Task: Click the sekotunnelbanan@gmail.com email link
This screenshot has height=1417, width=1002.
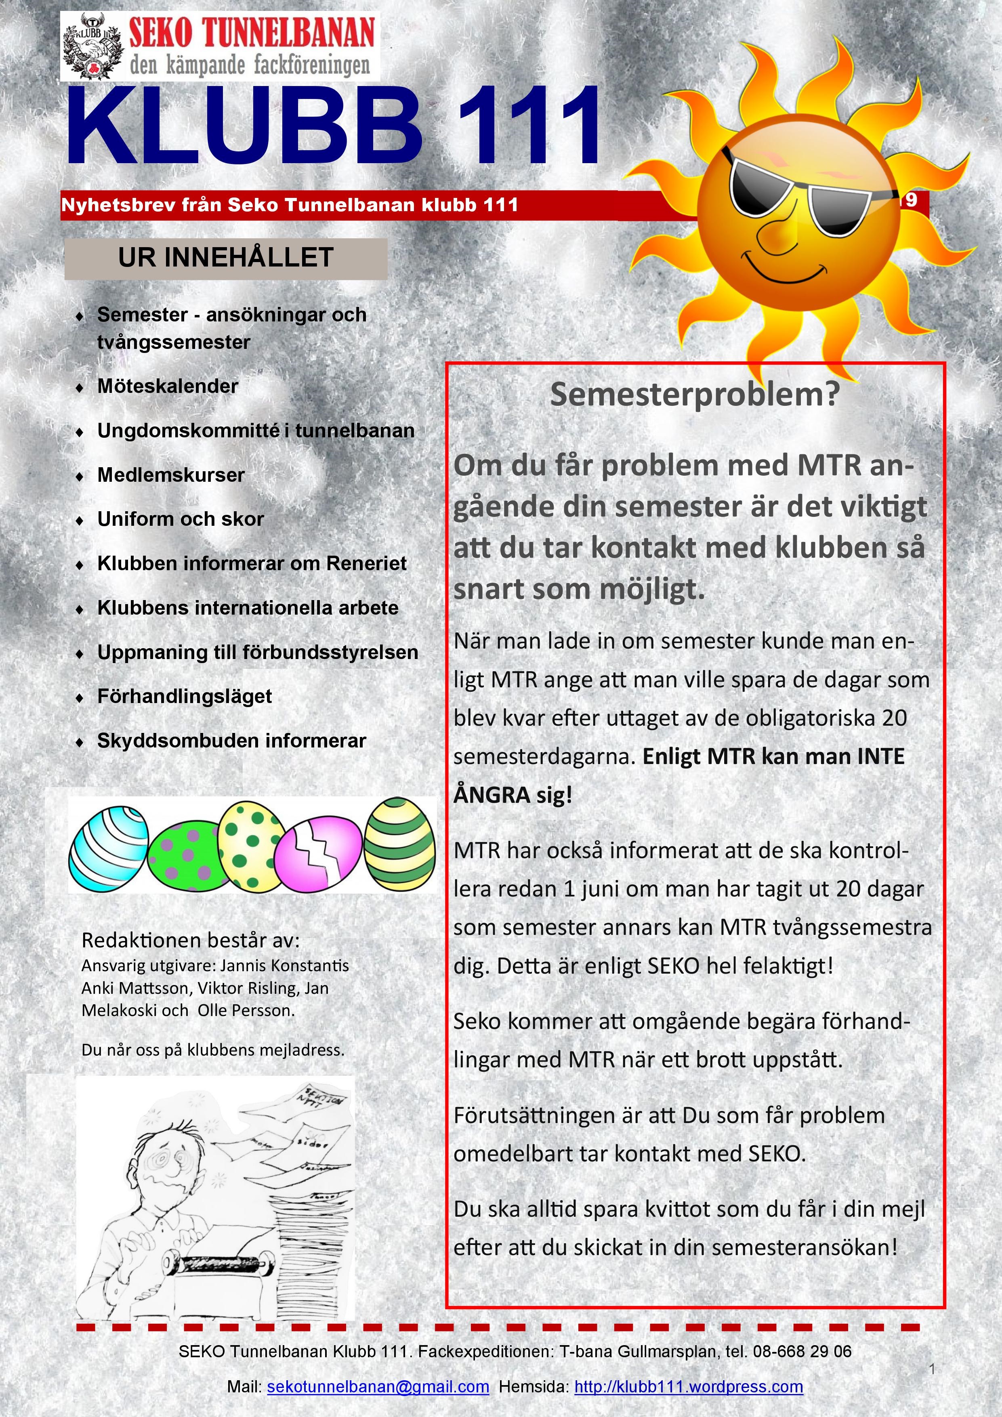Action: (378, 1387)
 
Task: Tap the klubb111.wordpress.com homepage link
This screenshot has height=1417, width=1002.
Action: (688, 1387)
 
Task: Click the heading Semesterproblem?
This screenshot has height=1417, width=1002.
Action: (695, 395)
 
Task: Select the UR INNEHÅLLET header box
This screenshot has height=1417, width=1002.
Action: (226, 258)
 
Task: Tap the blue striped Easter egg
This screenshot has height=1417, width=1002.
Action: (109, 846)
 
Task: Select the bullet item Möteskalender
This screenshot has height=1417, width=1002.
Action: (167, 386)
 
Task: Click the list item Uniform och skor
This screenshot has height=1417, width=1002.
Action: (180, 519)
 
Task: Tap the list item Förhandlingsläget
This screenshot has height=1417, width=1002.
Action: (185, 696)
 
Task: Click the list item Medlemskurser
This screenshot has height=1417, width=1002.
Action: (171, 475)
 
